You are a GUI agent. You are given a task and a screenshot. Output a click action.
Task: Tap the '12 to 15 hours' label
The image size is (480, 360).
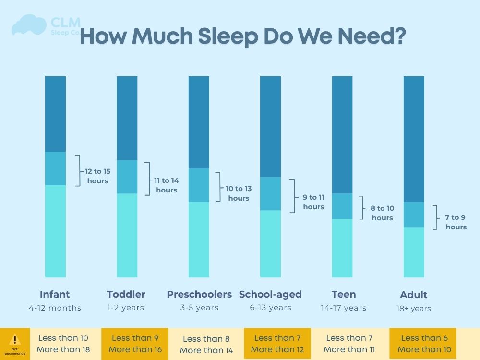click(x=98, y=176)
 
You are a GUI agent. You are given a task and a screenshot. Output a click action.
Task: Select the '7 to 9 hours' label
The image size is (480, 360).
click(x=456, y=222)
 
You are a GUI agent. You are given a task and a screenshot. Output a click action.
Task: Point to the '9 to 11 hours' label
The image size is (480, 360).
click(x=313, y=202)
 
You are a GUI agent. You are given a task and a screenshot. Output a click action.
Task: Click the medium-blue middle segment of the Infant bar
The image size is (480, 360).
click(x=55, y=168)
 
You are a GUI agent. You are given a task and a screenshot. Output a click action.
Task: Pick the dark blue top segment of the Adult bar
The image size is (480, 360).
click(x=414, y=139)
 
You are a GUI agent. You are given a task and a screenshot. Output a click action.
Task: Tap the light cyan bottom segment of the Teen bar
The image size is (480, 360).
click(x=342, y=248)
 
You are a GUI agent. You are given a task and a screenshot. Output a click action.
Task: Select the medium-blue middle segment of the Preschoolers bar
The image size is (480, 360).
click(x=199, y=185)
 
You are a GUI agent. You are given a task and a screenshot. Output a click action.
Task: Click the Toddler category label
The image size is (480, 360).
click(x=126, y=294)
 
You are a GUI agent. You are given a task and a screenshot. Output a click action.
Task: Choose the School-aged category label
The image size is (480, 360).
click(x=270, y=294)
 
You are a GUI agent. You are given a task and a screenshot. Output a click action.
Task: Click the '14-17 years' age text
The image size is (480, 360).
click(x=343, y=308)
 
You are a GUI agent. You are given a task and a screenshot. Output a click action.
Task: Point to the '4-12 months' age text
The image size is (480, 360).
click(x=55, y=308)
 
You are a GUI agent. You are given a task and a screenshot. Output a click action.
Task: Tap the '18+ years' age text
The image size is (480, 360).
click(x=413, y=309)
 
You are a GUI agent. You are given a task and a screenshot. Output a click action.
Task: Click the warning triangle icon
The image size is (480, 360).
click(x=15, y=340)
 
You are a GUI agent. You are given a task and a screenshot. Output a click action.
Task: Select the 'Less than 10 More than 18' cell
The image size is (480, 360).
click(x=63, y=344)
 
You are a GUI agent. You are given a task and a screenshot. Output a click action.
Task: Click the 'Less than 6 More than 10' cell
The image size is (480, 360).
click(x=422, y=344)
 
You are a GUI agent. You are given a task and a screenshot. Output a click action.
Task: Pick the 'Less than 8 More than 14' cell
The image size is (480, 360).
click(x=206, y=345)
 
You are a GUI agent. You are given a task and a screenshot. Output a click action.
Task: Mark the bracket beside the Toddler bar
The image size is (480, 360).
click(x=147, y=179)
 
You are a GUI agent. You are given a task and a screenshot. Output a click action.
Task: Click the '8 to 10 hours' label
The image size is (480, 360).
click(x=382, y=213)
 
